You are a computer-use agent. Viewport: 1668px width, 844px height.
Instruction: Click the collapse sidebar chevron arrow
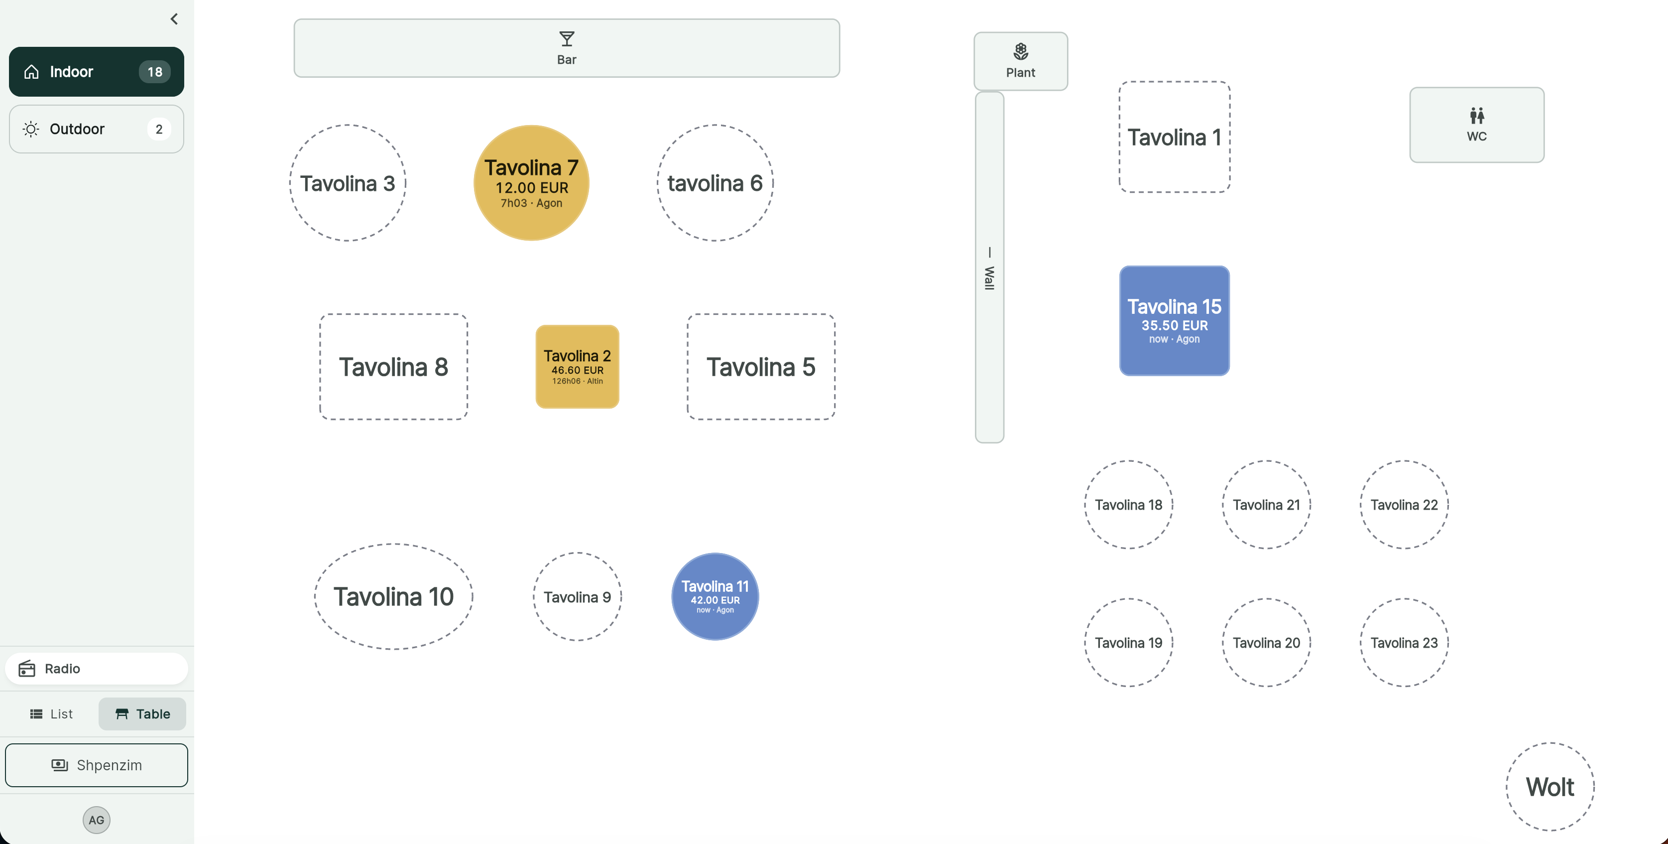174,19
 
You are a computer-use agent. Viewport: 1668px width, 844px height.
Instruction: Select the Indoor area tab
97,71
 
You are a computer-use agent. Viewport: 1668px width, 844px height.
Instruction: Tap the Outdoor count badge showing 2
159,129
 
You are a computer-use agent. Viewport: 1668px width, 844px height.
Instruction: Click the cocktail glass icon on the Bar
567,39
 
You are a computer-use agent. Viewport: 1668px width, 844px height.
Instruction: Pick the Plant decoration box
1021,61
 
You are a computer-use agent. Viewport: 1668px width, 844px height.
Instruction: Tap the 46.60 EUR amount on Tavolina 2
577,370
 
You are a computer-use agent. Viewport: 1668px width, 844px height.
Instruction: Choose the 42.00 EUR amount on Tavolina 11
715,600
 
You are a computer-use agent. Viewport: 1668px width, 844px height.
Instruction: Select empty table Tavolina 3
347,183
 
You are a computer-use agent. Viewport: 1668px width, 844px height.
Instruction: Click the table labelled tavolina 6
715,183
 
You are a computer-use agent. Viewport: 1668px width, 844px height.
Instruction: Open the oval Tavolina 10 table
393,596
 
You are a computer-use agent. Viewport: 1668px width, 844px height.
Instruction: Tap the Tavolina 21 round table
1266,505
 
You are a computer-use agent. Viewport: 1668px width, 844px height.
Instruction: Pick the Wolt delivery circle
1549,786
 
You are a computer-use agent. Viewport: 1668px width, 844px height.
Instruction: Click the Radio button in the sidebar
97,669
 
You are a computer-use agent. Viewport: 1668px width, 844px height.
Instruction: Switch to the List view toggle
51,714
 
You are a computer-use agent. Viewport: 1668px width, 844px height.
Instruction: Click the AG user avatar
97,820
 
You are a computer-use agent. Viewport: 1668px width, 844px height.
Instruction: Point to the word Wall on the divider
989,278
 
